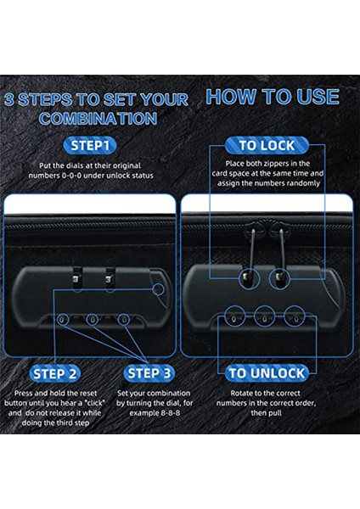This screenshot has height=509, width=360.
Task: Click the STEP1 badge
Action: tap(90, 145)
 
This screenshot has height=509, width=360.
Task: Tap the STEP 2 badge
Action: tap(55, 373)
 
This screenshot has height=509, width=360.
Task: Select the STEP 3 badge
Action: tap(149, 373)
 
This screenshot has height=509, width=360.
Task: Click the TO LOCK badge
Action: tap(267, 145)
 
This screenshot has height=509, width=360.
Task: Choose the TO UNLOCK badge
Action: tap(267, 373)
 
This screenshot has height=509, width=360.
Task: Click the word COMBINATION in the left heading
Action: tap(98, 119)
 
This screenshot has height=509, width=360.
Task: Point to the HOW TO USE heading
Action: tap(273, 97)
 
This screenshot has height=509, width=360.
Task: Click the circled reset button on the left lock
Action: tap(159, 289)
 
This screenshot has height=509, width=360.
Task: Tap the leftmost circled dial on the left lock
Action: tap(63, 320)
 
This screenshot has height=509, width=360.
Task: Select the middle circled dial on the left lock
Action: tap(93, 320)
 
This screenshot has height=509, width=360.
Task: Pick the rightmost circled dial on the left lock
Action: tap(123, 320)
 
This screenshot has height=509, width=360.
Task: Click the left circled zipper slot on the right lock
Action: tap(250, 278)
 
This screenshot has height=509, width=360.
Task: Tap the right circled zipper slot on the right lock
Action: tap(279, 278)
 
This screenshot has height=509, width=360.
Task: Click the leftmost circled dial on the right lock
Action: tap(235, 316)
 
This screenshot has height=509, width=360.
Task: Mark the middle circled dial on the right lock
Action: tap(264, 316)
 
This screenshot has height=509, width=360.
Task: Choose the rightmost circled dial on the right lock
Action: tap(295, 316)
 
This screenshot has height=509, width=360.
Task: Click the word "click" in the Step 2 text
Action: tap(94, 403)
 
